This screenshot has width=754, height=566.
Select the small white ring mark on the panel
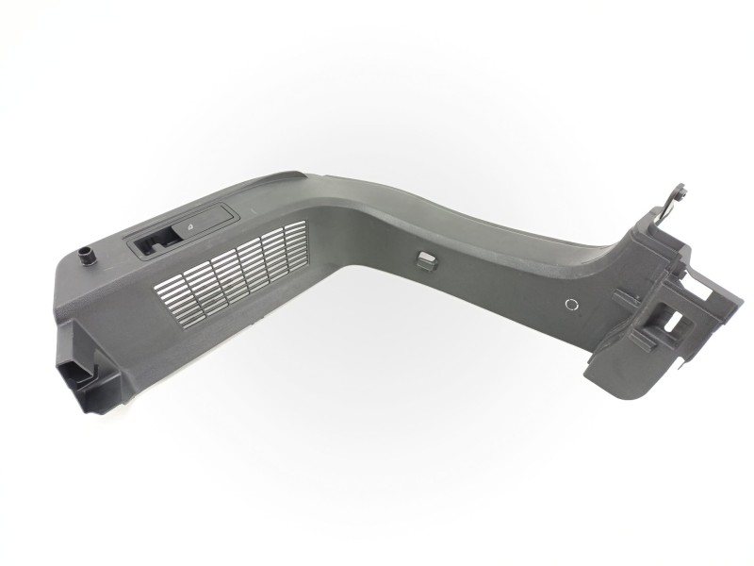coord(569,305)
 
